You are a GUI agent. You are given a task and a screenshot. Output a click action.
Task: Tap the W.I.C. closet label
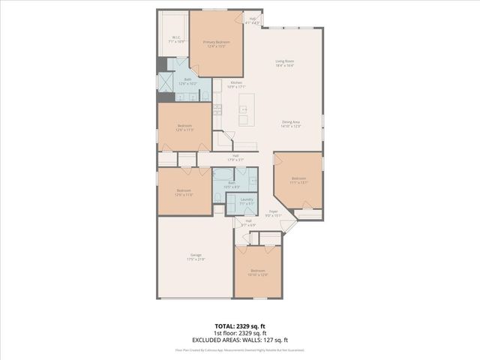(175, 39)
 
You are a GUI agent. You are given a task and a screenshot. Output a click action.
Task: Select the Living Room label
(284, 64)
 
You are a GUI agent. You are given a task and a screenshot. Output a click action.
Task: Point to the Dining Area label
(291, 124)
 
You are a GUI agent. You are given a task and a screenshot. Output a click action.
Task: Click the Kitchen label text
(236, 84)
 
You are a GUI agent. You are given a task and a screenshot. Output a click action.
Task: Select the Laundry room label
(246, 200)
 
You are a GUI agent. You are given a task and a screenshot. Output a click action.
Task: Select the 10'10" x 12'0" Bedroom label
(257, 272)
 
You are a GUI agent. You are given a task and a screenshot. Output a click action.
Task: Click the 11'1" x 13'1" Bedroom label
(298, 180)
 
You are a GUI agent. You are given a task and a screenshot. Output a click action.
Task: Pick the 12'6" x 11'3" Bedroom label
(184, 127)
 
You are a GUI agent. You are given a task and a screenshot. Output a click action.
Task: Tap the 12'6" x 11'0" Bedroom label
(184, 193)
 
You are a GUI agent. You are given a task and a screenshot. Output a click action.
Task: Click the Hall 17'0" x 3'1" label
(235, 157)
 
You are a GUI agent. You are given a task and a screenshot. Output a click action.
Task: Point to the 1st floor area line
(239, 332)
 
